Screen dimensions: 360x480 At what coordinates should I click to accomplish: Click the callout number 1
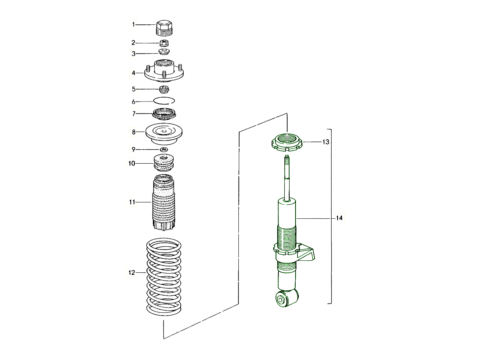134,25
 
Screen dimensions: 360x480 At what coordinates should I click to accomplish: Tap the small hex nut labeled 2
164,42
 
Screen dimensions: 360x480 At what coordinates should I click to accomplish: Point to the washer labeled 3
164,52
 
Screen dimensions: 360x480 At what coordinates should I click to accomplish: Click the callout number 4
134,73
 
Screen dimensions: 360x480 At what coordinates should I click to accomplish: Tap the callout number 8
134,132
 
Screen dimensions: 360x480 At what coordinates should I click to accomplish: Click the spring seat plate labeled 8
164,135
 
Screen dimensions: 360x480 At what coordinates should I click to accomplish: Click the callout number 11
132,202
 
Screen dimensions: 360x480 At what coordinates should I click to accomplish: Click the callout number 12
132,273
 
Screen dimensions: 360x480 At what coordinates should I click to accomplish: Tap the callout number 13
326,142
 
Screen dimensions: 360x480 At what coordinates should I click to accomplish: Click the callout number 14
339,218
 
